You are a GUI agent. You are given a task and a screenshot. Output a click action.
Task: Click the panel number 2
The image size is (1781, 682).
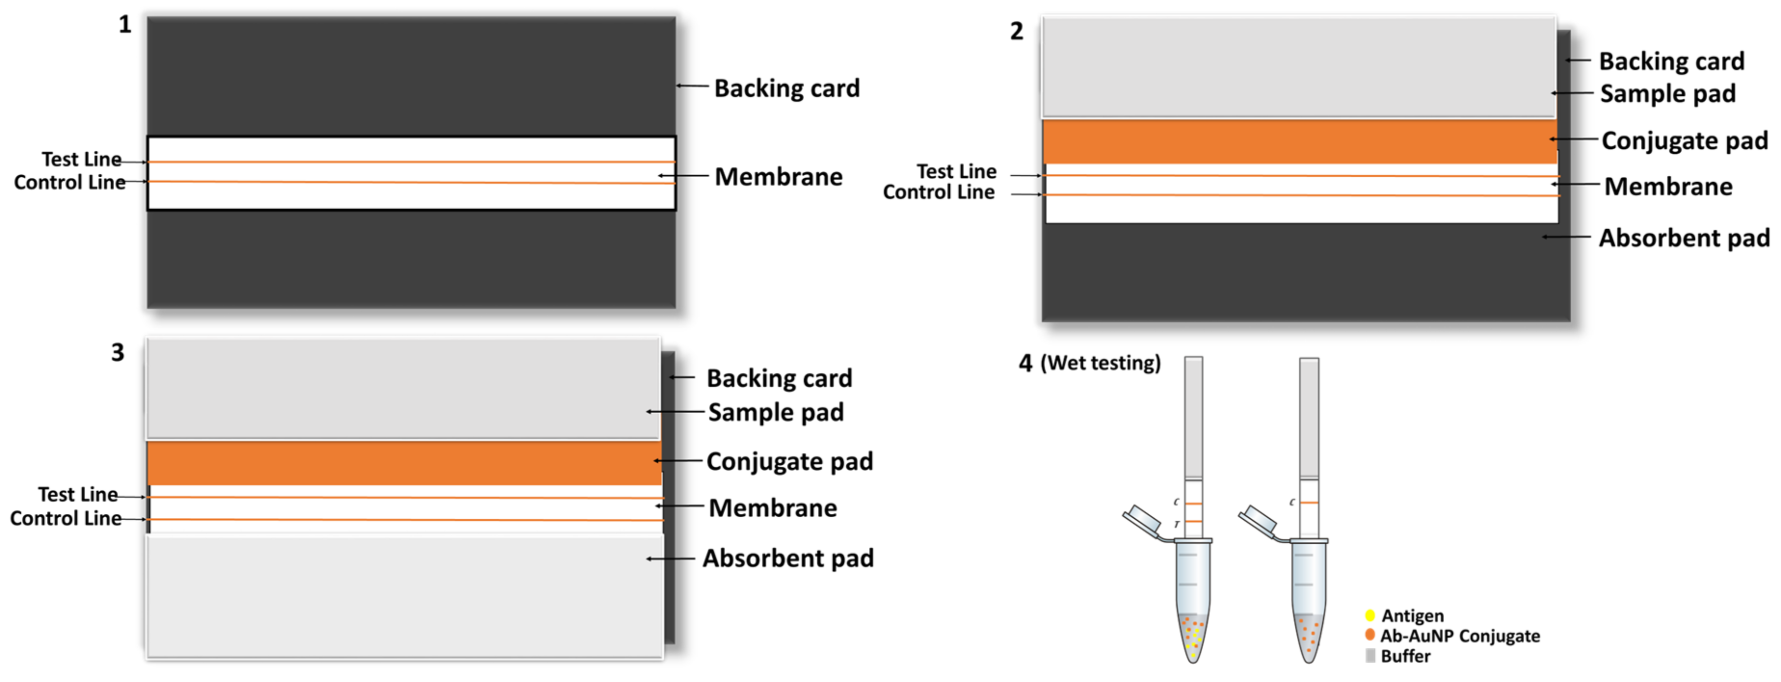(x=1016, y=32)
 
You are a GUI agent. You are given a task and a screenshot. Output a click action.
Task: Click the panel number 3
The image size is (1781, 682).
(x=118, y=353)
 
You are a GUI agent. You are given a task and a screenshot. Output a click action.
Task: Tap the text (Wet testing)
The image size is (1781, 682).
(x=1101, y=363)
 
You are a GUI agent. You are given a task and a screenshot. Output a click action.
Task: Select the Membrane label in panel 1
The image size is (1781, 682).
(x=779, y=177)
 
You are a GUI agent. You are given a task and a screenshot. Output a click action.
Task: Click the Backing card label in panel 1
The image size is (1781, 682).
(x=787, y=89)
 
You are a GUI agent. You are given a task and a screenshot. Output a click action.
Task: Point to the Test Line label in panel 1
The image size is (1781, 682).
(x=81, y=159)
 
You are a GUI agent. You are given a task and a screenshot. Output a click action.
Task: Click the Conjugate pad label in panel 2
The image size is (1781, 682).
(x=1684, y=141)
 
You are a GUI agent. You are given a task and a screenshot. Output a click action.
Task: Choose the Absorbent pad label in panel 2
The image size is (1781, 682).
(x=1684, y=238)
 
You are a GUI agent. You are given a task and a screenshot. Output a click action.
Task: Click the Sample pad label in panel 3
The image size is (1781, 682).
(x=776, y=412)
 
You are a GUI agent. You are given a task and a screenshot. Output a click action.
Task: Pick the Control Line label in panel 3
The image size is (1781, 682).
(x=66, y=519)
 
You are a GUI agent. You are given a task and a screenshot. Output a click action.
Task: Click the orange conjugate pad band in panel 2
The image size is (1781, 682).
(x=1300, y=142)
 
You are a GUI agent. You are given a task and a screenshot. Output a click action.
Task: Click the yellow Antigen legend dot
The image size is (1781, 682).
(x=1369, y=615)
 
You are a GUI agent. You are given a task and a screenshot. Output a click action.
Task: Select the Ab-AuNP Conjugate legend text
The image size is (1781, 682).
(x=1460, y=636)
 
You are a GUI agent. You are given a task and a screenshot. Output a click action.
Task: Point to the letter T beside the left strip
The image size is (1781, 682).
(x=1177, y=525)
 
